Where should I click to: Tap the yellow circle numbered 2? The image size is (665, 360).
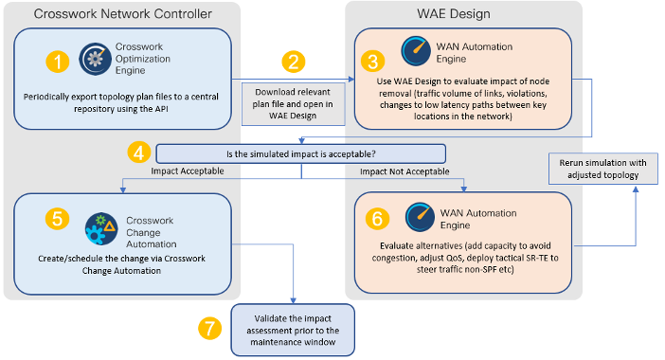point(294,63)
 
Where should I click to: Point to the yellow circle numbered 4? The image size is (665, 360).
point(140,152)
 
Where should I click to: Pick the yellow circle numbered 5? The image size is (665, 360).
point(59,218)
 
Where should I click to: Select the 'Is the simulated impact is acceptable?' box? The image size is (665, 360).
point(300,153)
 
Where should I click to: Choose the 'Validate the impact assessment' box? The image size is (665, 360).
point(292,328)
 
